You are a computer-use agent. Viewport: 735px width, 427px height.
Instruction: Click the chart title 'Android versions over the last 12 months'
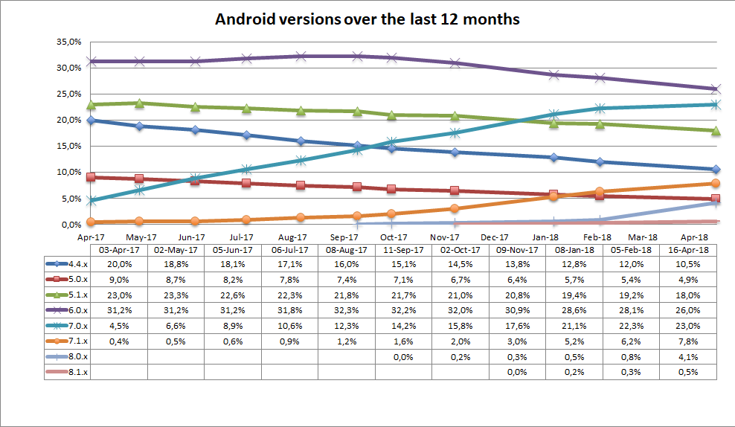click(367, 19)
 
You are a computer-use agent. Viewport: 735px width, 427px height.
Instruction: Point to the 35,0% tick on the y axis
click(68, 42)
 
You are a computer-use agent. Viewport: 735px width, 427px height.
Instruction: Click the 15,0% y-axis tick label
click(68, 146)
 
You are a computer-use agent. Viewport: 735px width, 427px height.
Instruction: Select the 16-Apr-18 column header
click(688, 250)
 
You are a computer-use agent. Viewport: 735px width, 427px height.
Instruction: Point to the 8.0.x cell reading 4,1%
click(688, 357)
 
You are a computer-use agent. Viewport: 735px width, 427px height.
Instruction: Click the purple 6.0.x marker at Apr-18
click(716, 89)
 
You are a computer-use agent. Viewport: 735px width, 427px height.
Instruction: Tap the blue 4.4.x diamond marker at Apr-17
click(90, 120)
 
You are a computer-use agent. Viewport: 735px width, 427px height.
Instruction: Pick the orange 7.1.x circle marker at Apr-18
click(716, 183)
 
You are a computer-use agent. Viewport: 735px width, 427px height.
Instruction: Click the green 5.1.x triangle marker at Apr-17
click(90, 105)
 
